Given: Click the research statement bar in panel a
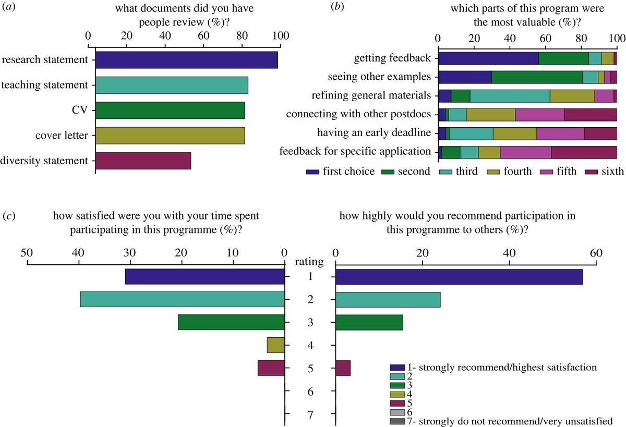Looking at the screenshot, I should tap(186, 60).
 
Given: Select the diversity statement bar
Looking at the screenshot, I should tap(143, 161).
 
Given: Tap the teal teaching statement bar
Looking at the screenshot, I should tap(172, 85).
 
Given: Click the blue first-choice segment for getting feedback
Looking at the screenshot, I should tap(488, 58).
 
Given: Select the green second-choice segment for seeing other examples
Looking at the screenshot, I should tap(537, 77).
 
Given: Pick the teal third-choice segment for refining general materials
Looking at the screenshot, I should tap(510, 96).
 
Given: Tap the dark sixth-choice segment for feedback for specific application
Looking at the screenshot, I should tap(584, 152).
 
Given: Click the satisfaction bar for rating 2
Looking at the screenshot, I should tap(182, 299).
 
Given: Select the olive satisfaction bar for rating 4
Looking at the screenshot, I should tap(275, 345).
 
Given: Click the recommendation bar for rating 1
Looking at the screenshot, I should tap(459, 277).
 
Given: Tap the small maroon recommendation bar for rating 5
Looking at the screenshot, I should tap(343, 368).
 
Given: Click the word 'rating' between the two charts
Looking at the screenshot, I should tap(310, 261).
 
